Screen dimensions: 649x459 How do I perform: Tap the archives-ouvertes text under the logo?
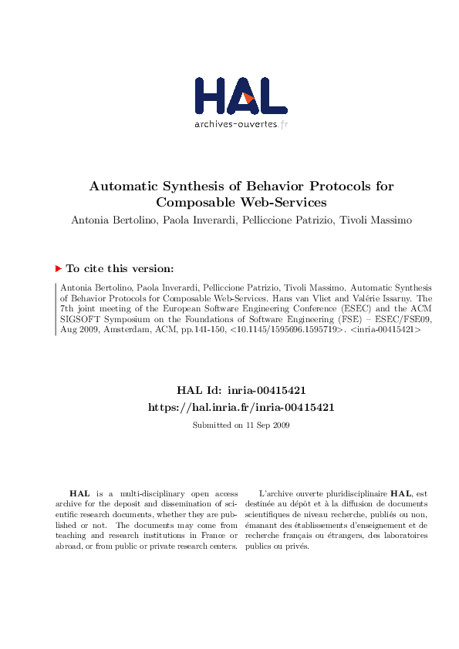point(235,123)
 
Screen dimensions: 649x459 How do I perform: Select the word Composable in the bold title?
point(191,203)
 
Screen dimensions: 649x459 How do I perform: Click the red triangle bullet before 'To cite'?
point(58,268)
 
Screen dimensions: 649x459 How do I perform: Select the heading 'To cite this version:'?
point(120,269)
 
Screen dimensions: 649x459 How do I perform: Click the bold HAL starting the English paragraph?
point(79,493)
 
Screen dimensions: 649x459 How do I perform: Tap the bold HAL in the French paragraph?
point(401,493)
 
